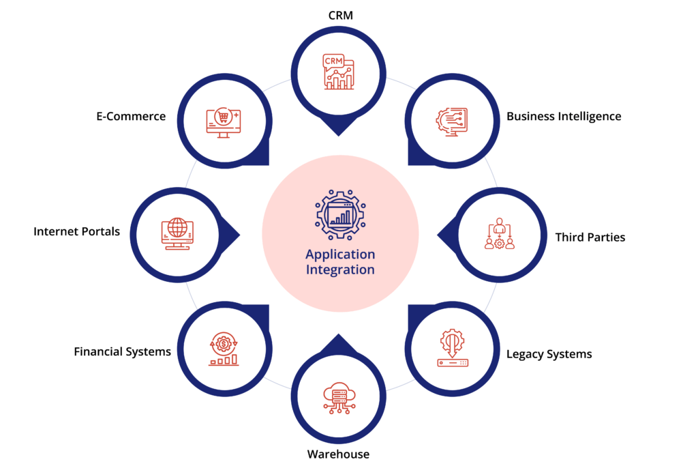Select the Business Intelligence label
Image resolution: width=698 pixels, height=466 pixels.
pyautogui.click(x=564, y=116)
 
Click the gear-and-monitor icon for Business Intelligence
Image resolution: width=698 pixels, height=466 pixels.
pyautogui.click(x=452, y=121)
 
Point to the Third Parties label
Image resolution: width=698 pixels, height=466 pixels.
pyautogui.click(x=590, y=237)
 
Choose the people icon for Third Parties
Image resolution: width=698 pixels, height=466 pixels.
pyautogui.click(x=499, y=234)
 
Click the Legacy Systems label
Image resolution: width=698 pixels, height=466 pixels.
pyautogui.click(x=549, y=354)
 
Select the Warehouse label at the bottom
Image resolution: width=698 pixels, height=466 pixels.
pyautogui.click(x=338, y=454)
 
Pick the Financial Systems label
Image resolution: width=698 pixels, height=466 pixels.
pyautogui.click(x=123, y=352)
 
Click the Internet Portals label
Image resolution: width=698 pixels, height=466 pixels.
pyautogui.click(x=76, y=232)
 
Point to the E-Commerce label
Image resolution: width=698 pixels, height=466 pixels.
pyautogui.click(x=131, y=116)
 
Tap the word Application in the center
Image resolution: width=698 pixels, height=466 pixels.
pyautogui.click(x=340, y=254)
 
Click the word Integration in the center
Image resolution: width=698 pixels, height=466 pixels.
pyautogui.click(x=340, y=270)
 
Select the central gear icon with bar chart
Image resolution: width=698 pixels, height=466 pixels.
pyautogui.click(x=340, y=214)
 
